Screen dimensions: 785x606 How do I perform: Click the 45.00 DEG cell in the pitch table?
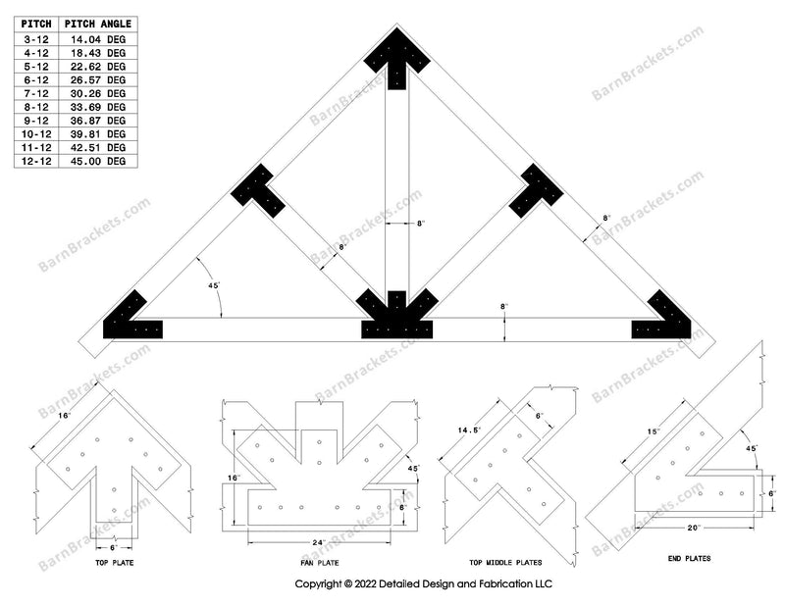pos(97,161)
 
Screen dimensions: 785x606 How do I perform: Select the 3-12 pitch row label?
pos(36,39)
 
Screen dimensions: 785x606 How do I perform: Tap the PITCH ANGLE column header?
pos(97,24)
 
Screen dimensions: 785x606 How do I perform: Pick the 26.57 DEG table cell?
pos(97,80)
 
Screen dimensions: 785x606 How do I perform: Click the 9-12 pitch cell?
pos(36,121)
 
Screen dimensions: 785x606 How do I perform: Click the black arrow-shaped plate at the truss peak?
pos(396,56)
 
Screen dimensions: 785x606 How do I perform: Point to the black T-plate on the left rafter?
pos(257,191)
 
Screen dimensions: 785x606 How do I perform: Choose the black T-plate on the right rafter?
pos(536,191)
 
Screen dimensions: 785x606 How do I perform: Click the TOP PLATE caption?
pos(115,563)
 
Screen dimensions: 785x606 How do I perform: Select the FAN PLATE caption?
pos(320,563)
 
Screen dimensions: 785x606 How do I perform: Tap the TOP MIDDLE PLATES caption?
pos(505,563)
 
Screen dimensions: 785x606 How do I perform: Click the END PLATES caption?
pos(690,559)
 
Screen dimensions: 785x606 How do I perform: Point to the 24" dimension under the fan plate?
pos(319,542)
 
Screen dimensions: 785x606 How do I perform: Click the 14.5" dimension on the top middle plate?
pos(469,430)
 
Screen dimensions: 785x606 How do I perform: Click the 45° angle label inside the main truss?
pos(214,285)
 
